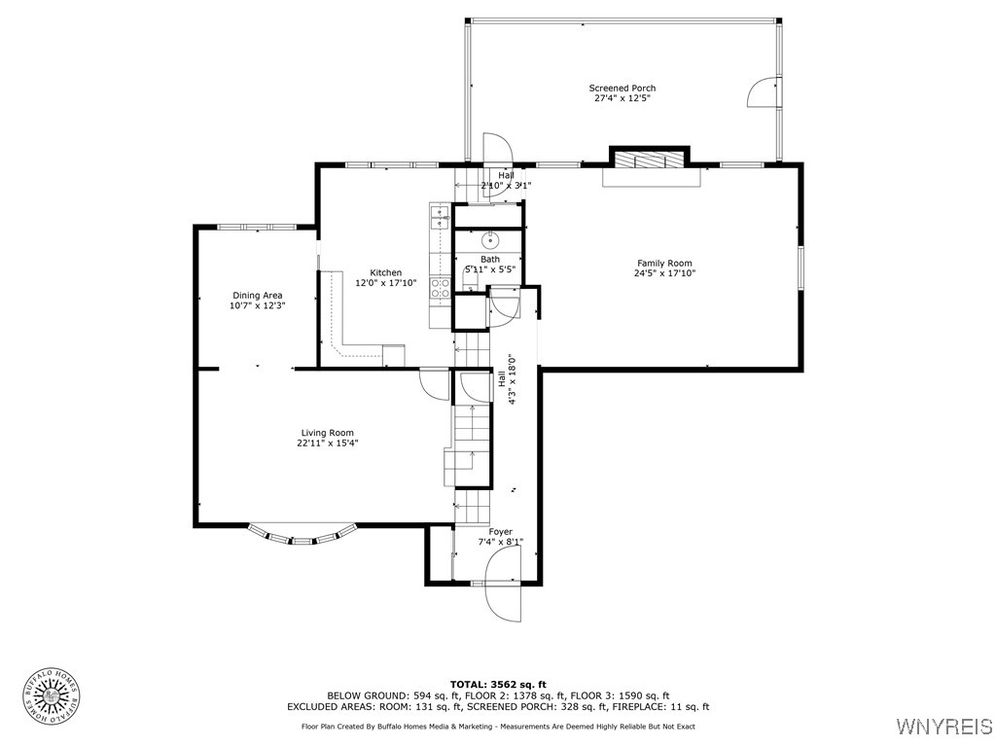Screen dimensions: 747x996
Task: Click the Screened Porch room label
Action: coord(622,89)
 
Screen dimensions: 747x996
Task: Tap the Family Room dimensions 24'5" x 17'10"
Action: coord(664,273)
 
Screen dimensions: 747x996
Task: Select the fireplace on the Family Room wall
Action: coord(649,161)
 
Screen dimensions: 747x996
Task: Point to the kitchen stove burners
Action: coord(440,287)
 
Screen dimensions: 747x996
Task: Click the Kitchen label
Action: coord(385,272)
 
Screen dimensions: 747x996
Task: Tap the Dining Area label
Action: coord(257,295)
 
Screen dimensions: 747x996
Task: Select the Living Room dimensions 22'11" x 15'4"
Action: coord(327,444)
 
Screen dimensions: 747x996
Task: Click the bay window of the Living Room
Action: coord(302,536)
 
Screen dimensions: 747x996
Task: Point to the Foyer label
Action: coord(500,531)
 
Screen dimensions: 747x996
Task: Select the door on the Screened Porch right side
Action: coord(764,91)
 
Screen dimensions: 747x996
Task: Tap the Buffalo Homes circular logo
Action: coord(50,695)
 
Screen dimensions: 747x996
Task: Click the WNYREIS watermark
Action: coord(943,727)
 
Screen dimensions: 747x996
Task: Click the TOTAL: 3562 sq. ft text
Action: coord(498,684)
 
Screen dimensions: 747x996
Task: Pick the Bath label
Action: coord(490,259)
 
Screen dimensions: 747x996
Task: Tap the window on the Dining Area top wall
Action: coord(257,227)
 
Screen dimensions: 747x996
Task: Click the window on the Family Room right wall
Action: coord(801,267)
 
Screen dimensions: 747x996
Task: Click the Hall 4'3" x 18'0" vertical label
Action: coord(507,377)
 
